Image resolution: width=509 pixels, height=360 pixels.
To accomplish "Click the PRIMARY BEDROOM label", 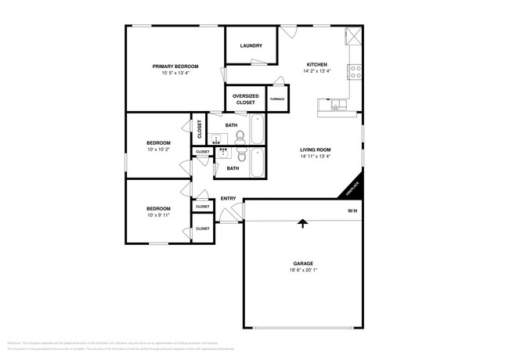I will (x=175, y=67).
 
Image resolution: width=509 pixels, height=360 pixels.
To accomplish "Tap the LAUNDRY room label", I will (x=251, y=45).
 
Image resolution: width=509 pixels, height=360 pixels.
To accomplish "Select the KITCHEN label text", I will (x=316, y=65).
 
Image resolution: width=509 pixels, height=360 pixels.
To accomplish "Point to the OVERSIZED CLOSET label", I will (x=246, y=99).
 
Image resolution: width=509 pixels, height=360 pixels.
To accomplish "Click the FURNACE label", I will (x=277, y=99).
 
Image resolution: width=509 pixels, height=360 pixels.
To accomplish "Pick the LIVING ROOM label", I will (x=316, y=149).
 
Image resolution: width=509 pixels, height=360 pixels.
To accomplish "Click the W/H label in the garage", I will (x=352, y=212).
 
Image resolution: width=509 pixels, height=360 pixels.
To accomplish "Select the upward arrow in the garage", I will (x=302, y=225).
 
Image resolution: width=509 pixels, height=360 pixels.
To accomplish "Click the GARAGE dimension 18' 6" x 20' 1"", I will (x=302, y=270).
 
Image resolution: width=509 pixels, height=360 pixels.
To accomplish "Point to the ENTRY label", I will (x=228, y=199).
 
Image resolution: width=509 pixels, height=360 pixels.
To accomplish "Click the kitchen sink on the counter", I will (x=338, y=105).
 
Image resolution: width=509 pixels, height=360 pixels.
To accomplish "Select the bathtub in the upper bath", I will (x=258, y=130).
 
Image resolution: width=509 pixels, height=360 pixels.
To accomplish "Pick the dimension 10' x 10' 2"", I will (x=158, y=149).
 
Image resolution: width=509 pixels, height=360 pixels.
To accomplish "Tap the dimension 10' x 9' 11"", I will (x=158, y=215).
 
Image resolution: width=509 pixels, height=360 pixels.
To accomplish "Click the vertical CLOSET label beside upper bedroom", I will (x=200, y=128).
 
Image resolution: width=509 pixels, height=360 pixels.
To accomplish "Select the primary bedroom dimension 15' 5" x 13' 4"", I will (x=175, y=74).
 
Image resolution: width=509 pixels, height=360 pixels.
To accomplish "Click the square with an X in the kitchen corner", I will (x=352, y=36).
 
